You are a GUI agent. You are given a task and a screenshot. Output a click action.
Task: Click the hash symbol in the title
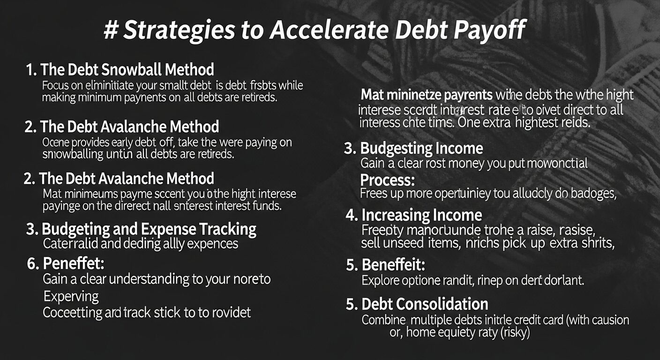112,31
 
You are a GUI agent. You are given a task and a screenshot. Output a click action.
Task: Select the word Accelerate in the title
329,31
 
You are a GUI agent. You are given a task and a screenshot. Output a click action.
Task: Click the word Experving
71,296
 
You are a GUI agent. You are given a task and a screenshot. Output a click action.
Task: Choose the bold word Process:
387,180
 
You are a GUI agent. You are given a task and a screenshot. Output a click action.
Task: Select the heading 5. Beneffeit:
385,265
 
